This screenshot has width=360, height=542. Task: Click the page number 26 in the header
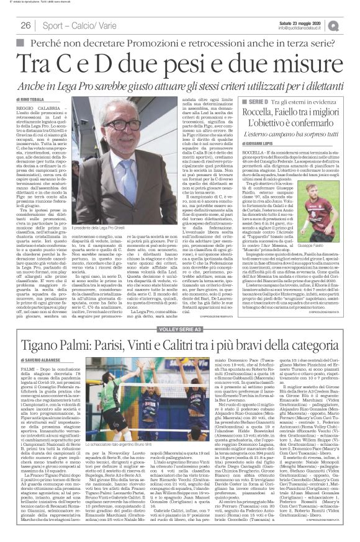25,25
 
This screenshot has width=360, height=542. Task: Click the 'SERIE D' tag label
240,101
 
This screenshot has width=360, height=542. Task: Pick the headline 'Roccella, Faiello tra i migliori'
292,113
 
